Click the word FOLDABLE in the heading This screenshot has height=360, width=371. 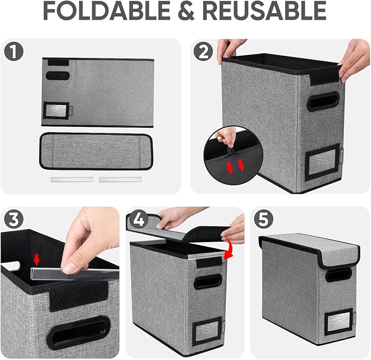click(x=107, y=11)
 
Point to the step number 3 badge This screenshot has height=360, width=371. click(x=13, y=220)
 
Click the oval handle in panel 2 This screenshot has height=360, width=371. click(x=322, y=101)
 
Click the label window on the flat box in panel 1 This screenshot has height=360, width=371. click(x=56, y=110)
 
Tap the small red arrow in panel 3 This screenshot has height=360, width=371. click(x=37, y=259)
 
